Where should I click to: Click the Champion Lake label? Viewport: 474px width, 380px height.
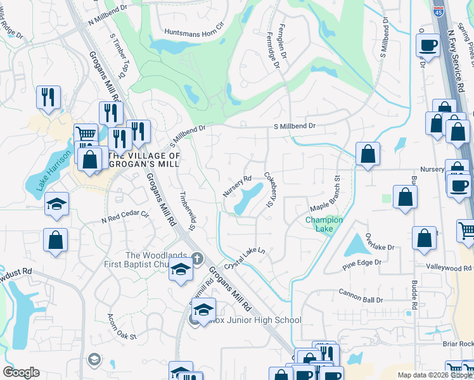(324, 224)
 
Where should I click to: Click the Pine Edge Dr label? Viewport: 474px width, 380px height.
(362, 262)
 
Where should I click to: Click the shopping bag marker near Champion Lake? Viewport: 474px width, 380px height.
(406, 197)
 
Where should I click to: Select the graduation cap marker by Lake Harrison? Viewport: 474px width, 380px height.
(56, 204)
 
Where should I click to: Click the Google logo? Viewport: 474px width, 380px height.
(21, 372)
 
